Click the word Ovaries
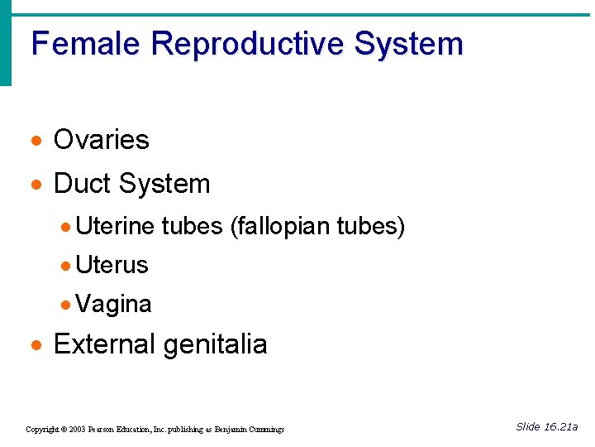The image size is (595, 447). (x=101, y=140)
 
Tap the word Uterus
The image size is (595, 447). (x=112, y=265)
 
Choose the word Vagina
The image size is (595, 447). (x=113, y=304)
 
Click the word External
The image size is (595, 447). (x=104, y=344)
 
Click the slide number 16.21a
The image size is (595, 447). (x=560, y=426)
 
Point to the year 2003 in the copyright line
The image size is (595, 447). (x=77, y=430)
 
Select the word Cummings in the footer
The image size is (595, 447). (x=266, y=430)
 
